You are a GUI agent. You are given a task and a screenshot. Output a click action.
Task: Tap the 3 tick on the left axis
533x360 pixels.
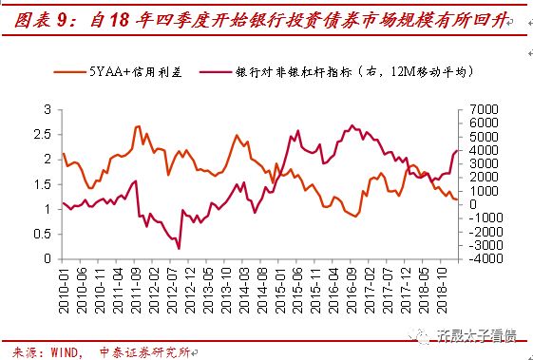tap(48, 109)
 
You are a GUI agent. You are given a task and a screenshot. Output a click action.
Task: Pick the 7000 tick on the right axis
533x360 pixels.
tap(481, 109)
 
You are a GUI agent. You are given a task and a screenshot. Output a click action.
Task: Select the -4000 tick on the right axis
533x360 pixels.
tap(479, 257)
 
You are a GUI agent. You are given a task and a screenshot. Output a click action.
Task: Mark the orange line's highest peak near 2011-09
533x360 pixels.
tap(139, 125)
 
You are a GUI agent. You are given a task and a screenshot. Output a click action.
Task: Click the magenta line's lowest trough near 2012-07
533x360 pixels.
tap(179, 248)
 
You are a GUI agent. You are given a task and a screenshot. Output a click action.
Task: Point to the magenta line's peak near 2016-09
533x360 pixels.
tap(352, 124)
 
